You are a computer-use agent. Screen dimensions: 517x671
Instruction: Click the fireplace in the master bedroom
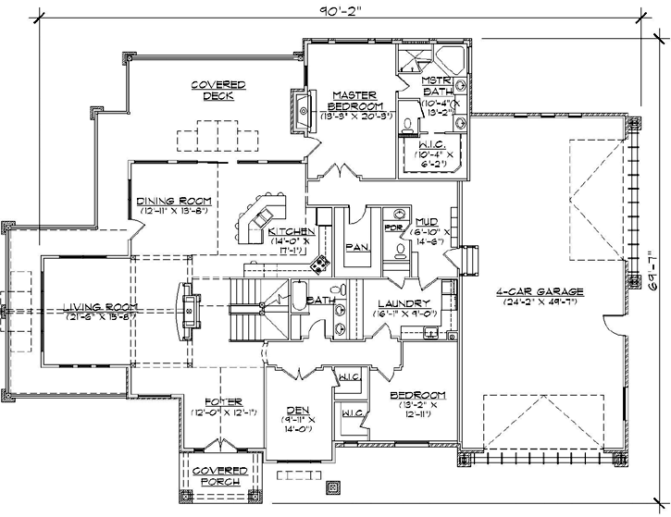(x=302, y=107)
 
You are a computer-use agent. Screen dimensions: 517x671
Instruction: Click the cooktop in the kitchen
(x=320, y=265)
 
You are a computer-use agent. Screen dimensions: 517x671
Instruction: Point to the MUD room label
(x=427, y=222)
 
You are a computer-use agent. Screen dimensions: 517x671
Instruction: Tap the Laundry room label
(x=404, y=303)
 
